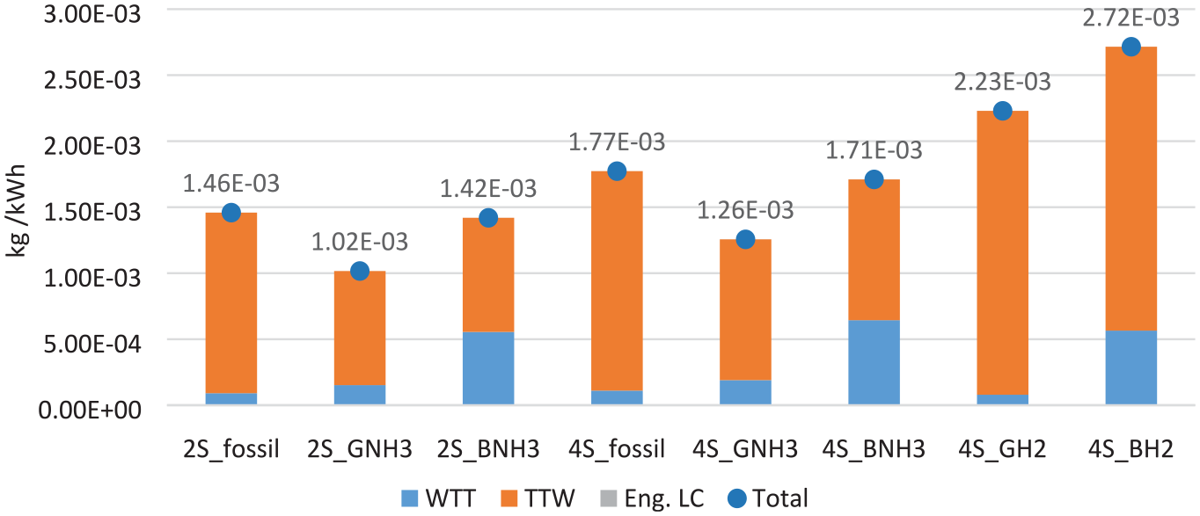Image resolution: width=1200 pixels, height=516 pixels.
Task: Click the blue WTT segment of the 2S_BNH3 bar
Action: pyautogui.click(x=488, y=367)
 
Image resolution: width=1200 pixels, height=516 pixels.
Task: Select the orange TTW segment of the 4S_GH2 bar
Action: pyautogui.click(x=1002, y=252)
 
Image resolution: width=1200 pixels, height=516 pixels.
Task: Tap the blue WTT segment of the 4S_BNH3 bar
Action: pyautogui.click(x=874, y=362)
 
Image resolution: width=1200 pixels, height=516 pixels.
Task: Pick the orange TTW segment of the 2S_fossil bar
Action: pyautogui.click(x=230, y=303)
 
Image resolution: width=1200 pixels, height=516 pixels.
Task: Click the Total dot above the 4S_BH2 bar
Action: pyautogui.click(x=1130, y=47)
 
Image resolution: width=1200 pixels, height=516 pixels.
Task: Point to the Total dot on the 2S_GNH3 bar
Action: pyautogui.click(x=360, y=271)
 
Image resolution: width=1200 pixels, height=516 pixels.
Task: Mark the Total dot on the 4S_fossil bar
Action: pyautogui.click(x=617, y=171)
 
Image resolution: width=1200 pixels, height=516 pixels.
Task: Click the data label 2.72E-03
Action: pyautogui.click(x=1130, y=18)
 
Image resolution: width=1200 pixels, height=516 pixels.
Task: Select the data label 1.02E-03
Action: pyautogui.click(x=360, y=242)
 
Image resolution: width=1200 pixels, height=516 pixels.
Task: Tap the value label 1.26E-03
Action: pyautogui.click(x=745, y=210)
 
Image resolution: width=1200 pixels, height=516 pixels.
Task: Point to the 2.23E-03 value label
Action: pyautogui.click(x=1002, y=82)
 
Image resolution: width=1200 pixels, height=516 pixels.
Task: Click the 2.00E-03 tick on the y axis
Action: pyautogui.click(x=92, y=146)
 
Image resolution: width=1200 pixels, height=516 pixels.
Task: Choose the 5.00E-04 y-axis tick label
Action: pyautogui.click(x=92, y=344)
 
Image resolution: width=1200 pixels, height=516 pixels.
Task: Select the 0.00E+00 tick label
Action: pyautogui.click(x=90, y=410)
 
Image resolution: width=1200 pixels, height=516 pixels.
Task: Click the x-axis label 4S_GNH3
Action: pyautogui.click(x=745, y=448)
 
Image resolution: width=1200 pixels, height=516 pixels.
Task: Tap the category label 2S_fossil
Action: pyautogui.click(x=230, y=448)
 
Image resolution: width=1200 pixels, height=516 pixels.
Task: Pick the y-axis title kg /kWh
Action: pyautogui.click(x=16, y=211)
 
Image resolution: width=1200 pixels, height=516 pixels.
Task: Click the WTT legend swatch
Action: pyautogui.click(x=409, y=499)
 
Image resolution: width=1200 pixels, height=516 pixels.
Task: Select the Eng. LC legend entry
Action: pyautogui.click(x=651, y=499)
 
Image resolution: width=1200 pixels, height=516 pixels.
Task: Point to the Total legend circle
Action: pyautogui.click(x=737, y=499)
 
